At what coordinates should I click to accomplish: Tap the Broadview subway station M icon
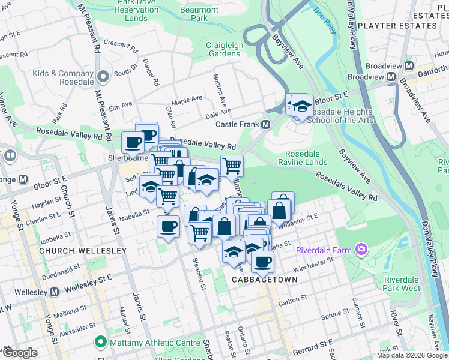pyautogui.click(x=391, y=77)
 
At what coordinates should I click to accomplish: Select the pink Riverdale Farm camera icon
pyautogui.click(x=361, y=248)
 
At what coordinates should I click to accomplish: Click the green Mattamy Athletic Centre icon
pyautogui.click(x=99, y=343)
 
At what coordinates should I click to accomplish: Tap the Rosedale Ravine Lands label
pyautogui.click(x=306, y=158)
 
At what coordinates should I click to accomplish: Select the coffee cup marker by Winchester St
pyautogui.click(x=262, y=262)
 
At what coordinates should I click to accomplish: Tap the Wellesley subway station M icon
pyautogui.click(x=54, y=292)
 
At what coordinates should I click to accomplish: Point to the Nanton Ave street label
pyautogui.click(x=219, y=90)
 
